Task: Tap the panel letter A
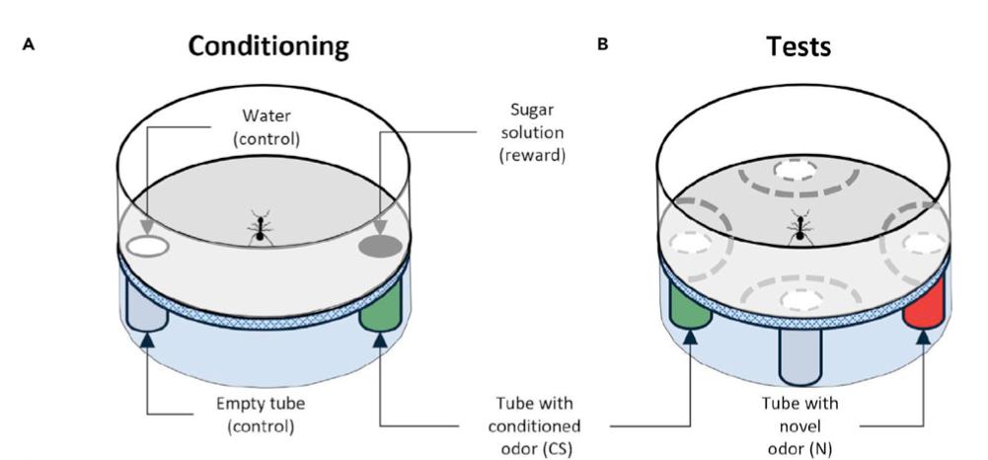click(x=40, y=45)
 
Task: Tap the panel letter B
click(x=603, y=45)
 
